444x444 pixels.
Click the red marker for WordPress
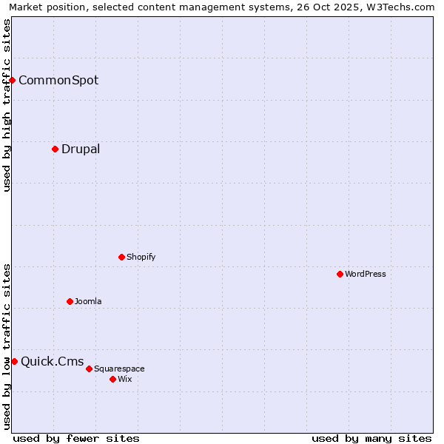point(340,274)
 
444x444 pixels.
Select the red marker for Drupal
point(55,149)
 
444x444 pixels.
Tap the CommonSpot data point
point(13,80)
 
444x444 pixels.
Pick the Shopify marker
point(121,257)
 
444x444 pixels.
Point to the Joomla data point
point(70,301)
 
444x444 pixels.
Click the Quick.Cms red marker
point(14,361)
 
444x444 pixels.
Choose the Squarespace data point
point(89,369)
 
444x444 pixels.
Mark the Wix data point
point(112,379)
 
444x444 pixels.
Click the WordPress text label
point(366,274)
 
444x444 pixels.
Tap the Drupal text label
point(81,149)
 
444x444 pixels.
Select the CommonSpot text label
point(58,80)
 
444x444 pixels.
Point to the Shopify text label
point(141,257)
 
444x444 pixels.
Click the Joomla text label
point(88,301)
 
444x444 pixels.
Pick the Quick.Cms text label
point(53,361)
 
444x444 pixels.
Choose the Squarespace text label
point(119,369)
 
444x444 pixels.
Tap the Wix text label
point(124,379)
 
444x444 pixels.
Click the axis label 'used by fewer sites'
point(76,438)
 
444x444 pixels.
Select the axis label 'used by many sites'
point(371,438)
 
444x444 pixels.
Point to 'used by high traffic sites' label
point(7,105)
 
